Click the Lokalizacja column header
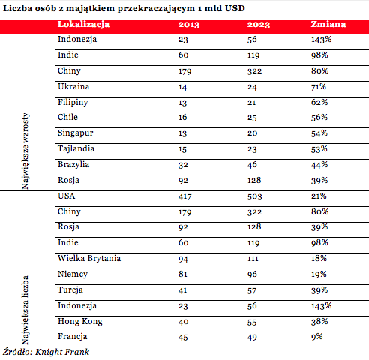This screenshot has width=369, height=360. tap(83, 25)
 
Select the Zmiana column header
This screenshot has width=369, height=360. tap(328, 24)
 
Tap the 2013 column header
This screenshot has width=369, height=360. tap(189, 25)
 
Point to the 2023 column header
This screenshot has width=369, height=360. tap(259, 25)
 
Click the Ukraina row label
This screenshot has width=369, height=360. tap(73, 86)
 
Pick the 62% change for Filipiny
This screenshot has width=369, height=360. tap(319, 102)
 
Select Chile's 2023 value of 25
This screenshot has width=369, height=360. tap(252, 118)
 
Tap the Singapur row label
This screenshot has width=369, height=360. tap(75, 133)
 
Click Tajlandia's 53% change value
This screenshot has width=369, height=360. tap(319, 149)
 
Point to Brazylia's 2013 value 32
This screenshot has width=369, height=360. tap(183, 165)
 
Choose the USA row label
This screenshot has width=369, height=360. tap(66, 196)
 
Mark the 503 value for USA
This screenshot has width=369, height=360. tap(254, 196)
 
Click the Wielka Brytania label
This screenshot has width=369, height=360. tap(89, 258)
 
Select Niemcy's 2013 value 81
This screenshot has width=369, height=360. tap(183, 274)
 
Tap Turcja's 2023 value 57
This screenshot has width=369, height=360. tap(252, 290)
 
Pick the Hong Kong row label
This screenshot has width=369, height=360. tap(80, 322)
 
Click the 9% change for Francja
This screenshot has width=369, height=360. tap(316, 337)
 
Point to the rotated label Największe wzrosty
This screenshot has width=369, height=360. tap(25, 151)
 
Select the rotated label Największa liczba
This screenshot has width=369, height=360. tap(25, 310)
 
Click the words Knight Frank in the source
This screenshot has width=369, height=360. tap(62, 352)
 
